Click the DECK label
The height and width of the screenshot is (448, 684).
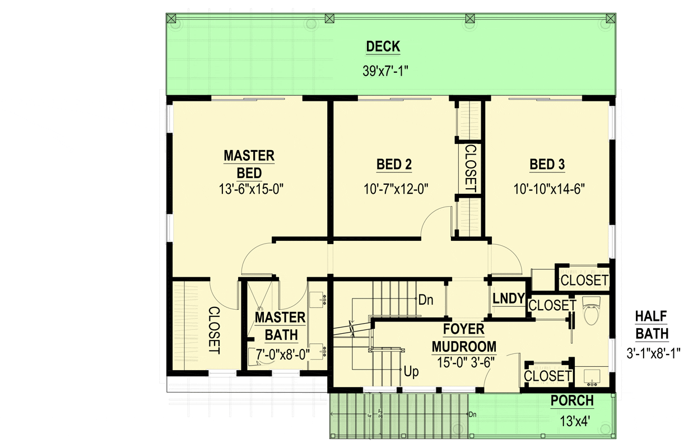point(383,47)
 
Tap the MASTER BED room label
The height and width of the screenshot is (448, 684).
point(249,164)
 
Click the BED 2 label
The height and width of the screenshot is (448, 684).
point(394,165)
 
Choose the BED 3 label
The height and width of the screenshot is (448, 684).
point(547,165)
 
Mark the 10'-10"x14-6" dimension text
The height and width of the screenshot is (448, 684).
point(548,189)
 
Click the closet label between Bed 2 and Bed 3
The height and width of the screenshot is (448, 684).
point(470,169)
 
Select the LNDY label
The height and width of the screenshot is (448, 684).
point(509,299)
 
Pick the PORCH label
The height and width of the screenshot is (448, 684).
point(572,402)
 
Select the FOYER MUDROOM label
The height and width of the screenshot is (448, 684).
point(463,337)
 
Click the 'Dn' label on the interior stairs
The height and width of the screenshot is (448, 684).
point(426,300)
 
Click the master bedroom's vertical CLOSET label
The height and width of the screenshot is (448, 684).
point(214,330)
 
